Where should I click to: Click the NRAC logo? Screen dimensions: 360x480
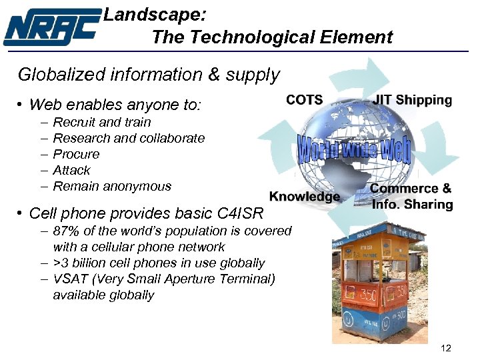51,28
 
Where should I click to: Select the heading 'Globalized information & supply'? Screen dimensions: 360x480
149,74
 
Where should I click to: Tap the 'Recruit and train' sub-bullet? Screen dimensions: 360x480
101,122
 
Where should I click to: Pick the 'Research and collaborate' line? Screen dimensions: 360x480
129,138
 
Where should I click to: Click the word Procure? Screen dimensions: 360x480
76,154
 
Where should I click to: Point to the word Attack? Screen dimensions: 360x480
71,170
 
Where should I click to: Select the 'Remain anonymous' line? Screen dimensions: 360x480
112,186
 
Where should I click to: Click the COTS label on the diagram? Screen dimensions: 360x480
304,100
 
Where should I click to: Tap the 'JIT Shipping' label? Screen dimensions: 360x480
413,100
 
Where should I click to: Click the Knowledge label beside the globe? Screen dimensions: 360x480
305,196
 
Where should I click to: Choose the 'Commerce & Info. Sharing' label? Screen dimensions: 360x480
411,197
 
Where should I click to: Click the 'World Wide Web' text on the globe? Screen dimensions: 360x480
353,149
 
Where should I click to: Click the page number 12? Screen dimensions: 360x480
446,348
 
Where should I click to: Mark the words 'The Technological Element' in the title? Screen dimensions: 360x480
272,37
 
